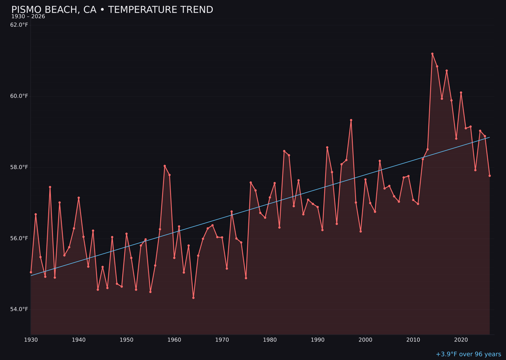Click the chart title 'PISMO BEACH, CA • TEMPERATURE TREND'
112,10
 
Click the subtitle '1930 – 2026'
28,17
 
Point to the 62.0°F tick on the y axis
19,25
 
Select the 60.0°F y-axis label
19,96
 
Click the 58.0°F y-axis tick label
19,167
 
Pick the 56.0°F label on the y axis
19,238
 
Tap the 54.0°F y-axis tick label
19,309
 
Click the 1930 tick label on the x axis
31,339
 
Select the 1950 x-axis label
126,339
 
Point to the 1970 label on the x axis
222,339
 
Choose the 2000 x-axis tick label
365,339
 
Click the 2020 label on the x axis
461,339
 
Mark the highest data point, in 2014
432,54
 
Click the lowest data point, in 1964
193,298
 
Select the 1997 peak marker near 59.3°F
351,120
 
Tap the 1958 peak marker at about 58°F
164,166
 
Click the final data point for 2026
490,176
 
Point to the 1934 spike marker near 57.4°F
50,187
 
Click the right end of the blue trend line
490,137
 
